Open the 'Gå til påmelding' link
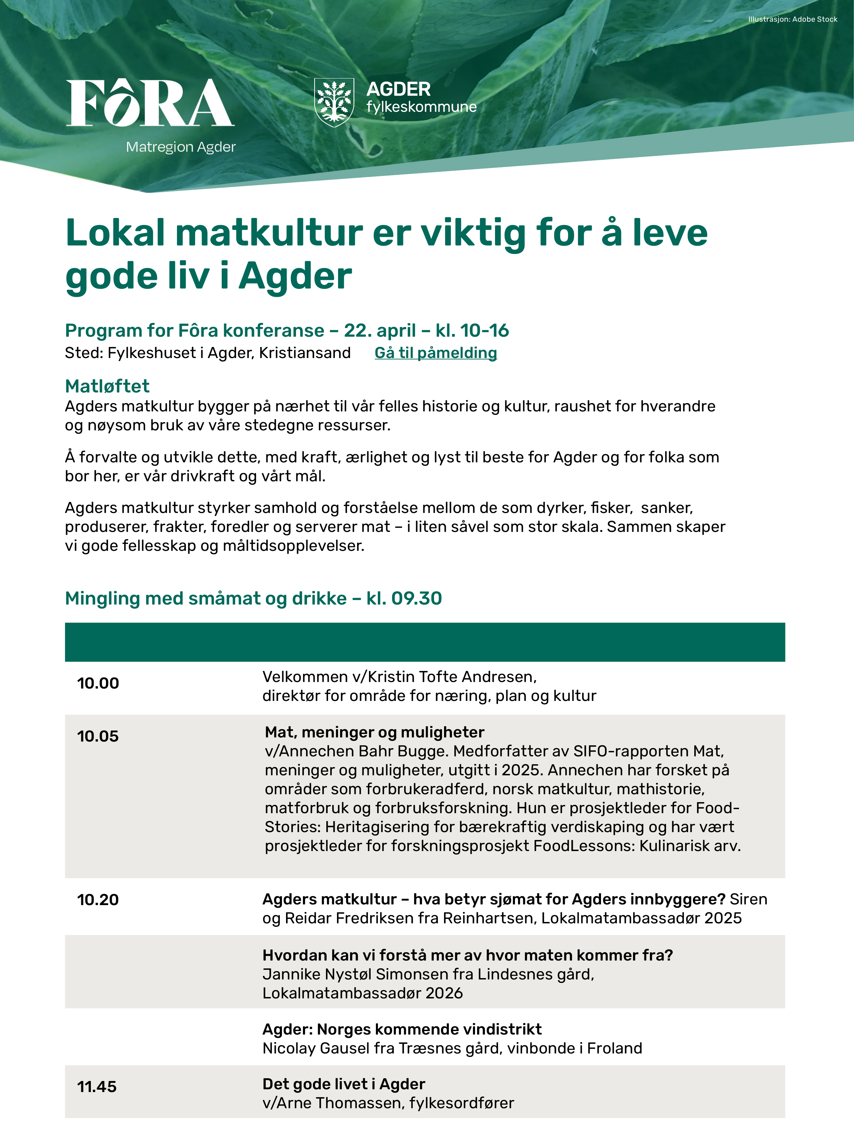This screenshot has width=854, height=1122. click(436, 353)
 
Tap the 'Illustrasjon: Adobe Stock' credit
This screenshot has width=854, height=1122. click(792, 19)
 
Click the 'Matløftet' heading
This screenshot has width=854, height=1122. click(107, 386)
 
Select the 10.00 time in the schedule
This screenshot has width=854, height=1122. click(98, 683)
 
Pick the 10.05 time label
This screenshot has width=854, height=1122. click(98, 736)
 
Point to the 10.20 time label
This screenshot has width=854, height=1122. click(98, 900)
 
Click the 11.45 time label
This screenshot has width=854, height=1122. click(97, 1087)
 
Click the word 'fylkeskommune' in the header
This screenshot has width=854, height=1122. click(421, 107)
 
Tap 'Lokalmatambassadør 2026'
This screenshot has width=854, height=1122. click(362, 993)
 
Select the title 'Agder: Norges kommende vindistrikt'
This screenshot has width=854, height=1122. click(402, 1029)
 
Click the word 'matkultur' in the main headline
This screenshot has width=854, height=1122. click(270, 233)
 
